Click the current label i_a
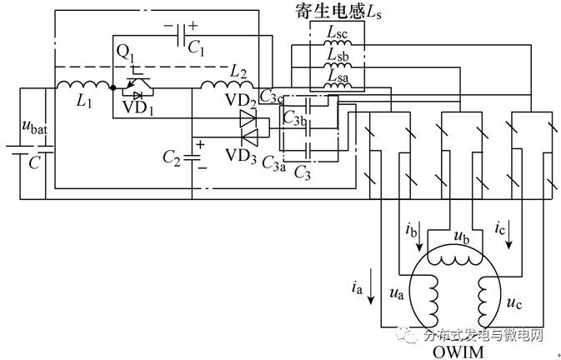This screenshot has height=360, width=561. click(358, 289)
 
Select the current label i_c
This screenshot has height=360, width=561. click(500, 227)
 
